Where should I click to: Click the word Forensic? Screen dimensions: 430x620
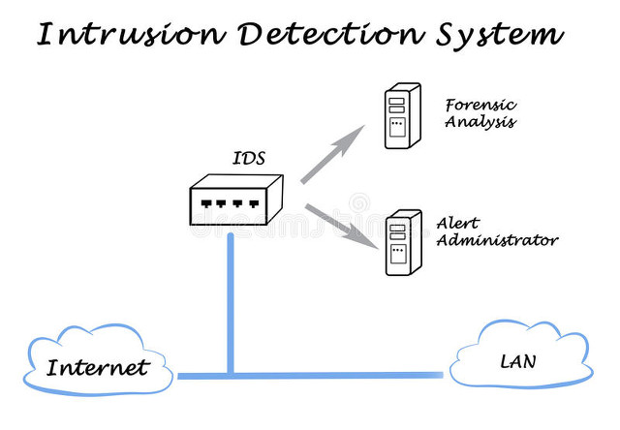click(x=479, y=105)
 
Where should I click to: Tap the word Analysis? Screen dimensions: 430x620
click(x=480, y=123)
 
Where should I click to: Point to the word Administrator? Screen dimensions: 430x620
click(x=497, y=239)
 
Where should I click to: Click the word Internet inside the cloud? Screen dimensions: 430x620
click(x=99, y=368)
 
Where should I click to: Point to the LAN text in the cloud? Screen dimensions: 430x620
click(x=517, y=362)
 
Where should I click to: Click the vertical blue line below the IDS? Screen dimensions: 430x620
click(x=231, y=300)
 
